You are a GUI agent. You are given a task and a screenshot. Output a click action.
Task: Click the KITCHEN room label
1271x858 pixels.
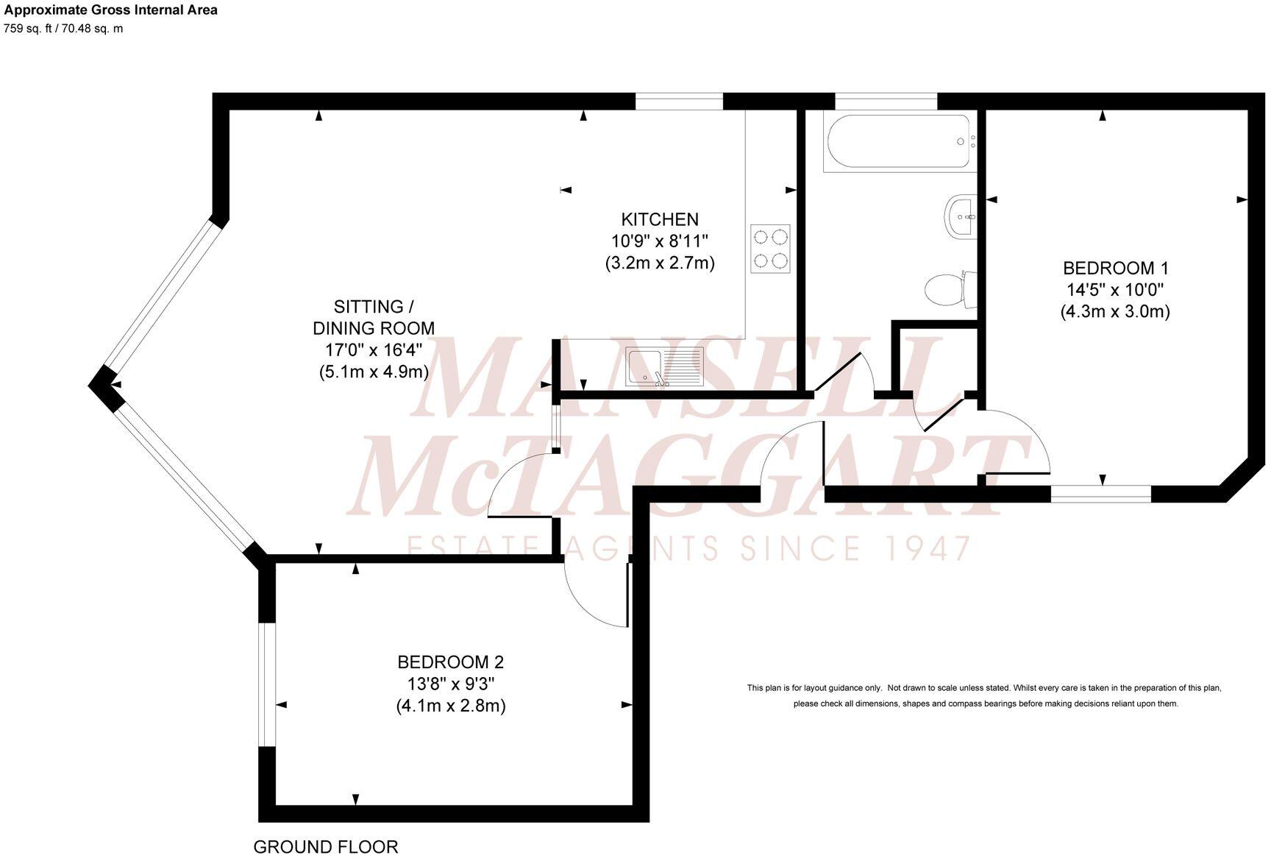coord(660,219)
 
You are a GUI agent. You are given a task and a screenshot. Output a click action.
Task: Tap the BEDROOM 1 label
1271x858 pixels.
coord(1115,268)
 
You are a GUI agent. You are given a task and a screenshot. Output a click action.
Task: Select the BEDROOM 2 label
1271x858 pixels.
coord(450,662)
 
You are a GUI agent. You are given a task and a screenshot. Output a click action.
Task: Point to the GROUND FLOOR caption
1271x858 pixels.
coord(325,847)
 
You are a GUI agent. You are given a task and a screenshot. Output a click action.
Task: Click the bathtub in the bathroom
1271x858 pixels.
coord(899,143)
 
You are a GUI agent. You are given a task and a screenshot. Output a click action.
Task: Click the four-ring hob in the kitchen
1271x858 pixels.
coord(770,249)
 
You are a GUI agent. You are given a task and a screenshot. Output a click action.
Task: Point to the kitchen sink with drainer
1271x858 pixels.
coord(664,366)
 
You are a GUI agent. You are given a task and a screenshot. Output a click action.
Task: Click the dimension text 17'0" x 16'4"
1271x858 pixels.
coord(373,350)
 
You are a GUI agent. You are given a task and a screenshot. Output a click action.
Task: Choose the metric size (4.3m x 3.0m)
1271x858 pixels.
coord(1115,311)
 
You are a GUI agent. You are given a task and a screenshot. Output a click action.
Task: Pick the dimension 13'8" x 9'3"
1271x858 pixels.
coord(450,684)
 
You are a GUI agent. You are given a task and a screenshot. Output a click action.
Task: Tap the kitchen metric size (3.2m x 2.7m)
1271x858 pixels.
coord(660,263)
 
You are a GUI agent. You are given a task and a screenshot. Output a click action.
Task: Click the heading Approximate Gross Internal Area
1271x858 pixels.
coord(111,10)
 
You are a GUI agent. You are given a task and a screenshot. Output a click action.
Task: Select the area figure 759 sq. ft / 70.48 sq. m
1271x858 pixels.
coord(64,29)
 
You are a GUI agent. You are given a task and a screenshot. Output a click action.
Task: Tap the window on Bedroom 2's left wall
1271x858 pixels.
coord(267,685)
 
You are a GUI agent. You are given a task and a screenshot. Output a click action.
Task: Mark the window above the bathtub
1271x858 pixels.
coord(886,101)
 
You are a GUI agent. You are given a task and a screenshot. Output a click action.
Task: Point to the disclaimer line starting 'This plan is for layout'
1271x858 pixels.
coord(984,688)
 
